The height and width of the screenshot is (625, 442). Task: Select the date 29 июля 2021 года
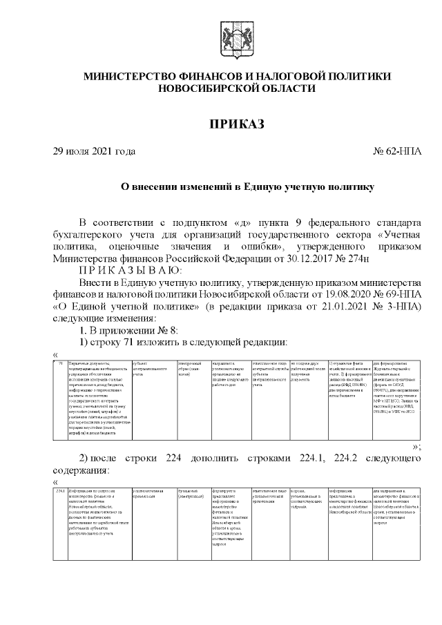click(94, 151)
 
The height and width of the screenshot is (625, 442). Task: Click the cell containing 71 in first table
click(61, 363)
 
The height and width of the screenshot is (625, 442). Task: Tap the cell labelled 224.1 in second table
click(61, 491)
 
